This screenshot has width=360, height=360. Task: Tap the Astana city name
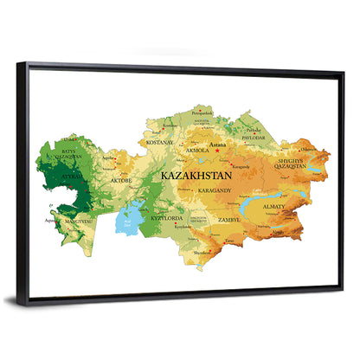click(217, 145)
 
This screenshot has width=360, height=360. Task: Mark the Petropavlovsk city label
click(202, 113)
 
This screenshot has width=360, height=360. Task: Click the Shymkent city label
click(201, 253)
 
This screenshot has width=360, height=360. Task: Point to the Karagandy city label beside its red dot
click(241, 166)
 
